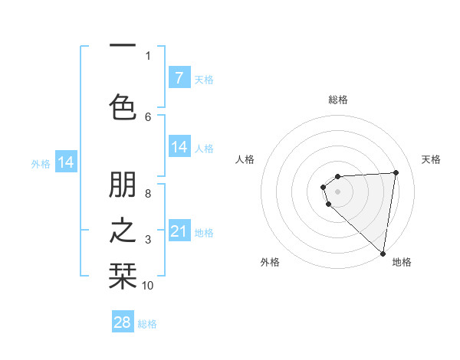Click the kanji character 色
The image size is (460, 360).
tap(123, 106)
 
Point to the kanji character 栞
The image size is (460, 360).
tap(123, 274)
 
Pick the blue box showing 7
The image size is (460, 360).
tap(179, 77)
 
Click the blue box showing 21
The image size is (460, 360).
tap(179, 231)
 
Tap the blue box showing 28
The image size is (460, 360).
tap(123, 322)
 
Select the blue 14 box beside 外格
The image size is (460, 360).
tap(66, 162)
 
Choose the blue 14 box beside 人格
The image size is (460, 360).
tap(179, 147)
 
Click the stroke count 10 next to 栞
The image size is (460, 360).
tap(148, 286)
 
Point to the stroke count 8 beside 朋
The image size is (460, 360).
tap(148, 193)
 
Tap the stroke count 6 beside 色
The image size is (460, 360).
tap(148, 116)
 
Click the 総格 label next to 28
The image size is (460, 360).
tap(147, 324)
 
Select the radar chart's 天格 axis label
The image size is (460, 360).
tap(432, 159)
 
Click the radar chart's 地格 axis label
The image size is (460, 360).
tap(402, 262)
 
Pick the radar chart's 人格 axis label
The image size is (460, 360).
tap(245, 159)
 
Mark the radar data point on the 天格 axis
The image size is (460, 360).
tap(396, 172)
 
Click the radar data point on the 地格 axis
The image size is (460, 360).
tap(383, 254)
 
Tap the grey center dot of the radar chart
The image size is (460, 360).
tap(337, 191)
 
